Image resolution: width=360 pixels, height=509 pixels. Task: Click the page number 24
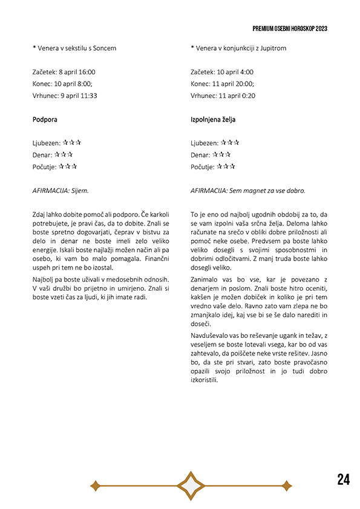(343, 480)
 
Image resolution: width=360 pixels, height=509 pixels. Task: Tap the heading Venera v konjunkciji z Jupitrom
(238, 48)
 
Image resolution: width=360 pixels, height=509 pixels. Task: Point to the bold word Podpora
(45, 120)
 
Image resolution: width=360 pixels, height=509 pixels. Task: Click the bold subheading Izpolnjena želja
(213, 120)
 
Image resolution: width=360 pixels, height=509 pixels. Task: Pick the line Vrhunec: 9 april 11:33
(65, 96)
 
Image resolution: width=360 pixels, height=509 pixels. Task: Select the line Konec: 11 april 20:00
(222, 83)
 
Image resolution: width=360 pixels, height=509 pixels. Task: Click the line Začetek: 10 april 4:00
(220, 71)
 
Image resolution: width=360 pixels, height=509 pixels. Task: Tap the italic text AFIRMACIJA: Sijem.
(61, 190)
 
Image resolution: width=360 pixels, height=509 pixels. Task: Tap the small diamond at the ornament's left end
(95, 485)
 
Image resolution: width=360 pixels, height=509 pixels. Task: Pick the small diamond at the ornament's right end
(286, 485)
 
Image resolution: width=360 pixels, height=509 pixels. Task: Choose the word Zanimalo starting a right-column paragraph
(206, 279)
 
